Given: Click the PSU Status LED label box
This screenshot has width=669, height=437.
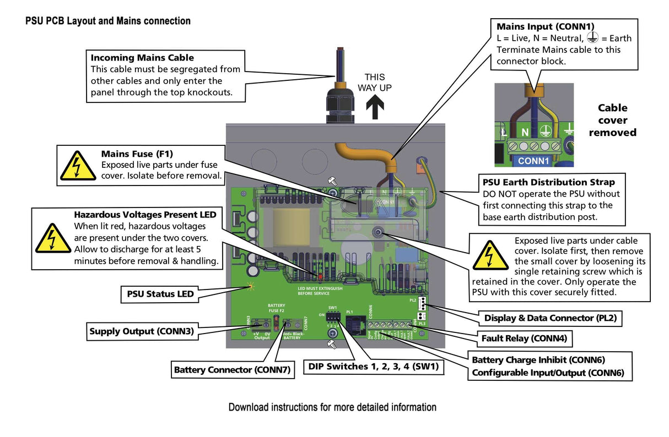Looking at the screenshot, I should coord(158,294).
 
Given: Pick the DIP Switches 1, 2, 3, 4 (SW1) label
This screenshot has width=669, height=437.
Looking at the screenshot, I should coord(374,367).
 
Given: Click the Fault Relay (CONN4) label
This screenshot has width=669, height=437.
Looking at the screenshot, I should coord(524,338).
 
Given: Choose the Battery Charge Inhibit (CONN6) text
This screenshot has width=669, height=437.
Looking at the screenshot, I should coord(538,360).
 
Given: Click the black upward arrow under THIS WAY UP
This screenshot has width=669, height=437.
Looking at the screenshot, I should coord(375,107).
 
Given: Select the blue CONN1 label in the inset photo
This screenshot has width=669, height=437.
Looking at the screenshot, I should coord(533,161).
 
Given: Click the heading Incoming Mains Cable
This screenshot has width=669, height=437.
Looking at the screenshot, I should coord(142,57).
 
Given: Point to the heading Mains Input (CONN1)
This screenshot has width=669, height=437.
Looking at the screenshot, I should coord(546,26).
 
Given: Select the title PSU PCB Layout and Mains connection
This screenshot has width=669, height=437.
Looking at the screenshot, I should coord(108,21).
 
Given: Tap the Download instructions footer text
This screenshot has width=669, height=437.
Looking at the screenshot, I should coord(332,407).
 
